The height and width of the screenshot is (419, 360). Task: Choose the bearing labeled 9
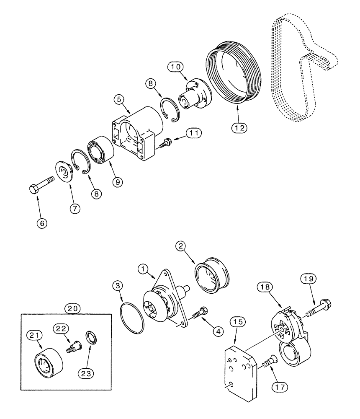101,148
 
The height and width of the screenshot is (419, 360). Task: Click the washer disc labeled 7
64,172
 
